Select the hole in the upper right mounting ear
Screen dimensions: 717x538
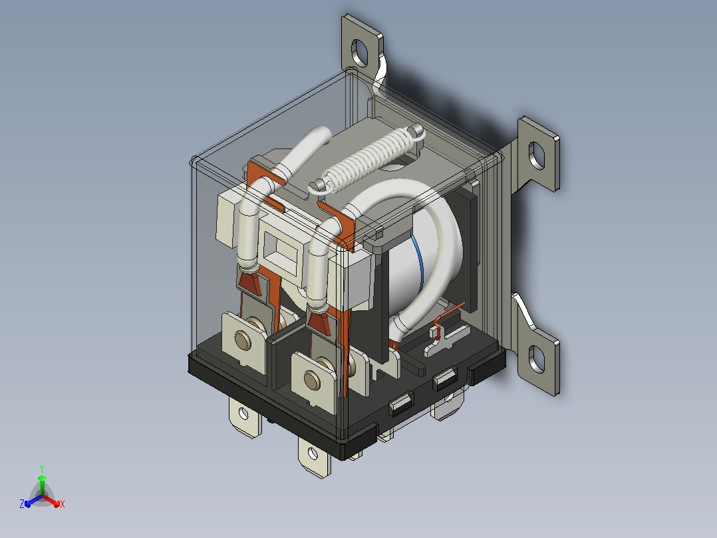pyautogui.click(x=536, y=155)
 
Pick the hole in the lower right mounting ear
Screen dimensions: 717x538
pyautogui.click(x=536, y=358)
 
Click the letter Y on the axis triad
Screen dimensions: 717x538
pyautogui.click(x=42, y=468)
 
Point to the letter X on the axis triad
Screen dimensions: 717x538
pyautogui.click(x=63, y=504)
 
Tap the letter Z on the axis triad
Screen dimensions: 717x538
pyautogui.click(x=22, y=504)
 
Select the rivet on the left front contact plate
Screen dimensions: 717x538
pyautogui.click(x=243, y=341)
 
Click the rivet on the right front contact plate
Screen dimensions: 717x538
pyautogui.click(x=313, y=380)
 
